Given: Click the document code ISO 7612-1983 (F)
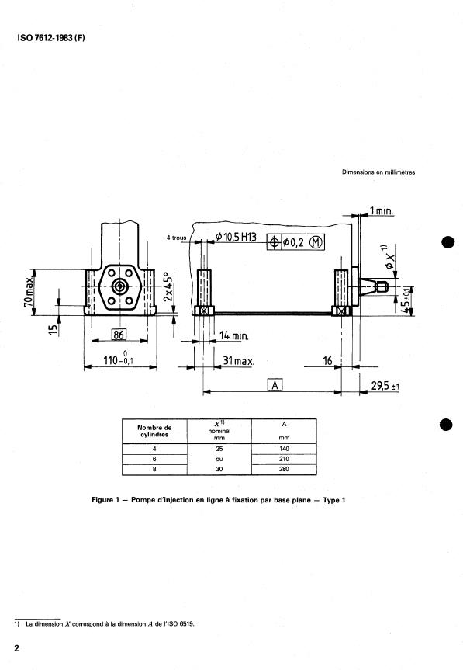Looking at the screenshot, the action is click(x=51, y=37).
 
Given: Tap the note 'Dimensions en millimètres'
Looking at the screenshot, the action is click(x=378, y=172).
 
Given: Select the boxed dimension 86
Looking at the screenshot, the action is click(x=119, y=335).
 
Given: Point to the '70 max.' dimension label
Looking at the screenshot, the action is click(x=28, y=292).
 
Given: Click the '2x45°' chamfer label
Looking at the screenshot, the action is click(x=168, y=286).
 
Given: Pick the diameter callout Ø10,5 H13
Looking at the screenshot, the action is click(x=236, y=236).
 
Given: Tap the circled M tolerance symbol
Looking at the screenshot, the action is click(x=316, y=242).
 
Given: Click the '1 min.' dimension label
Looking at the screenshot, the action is click(x=381, y=210).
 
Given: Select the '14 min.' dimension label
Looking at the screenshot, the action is click(x=233, y=335).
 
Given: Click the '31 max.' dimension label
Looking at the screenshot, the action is click(x=238, y=361).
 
